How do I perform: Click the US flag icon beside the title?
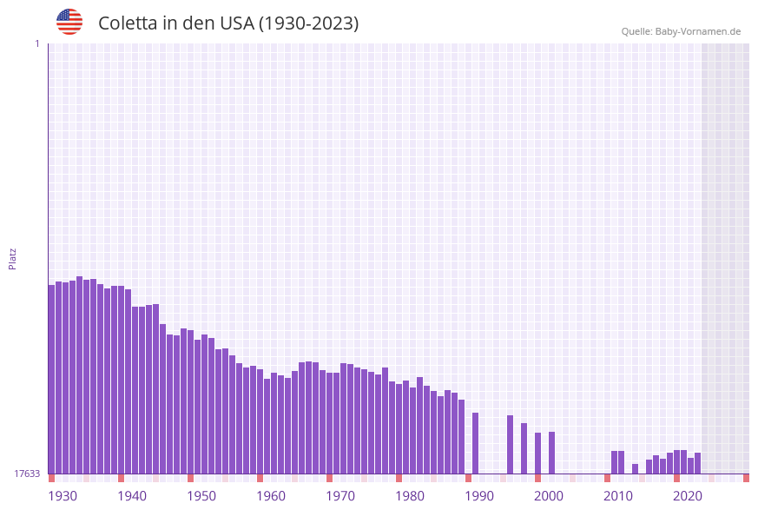(69, 22)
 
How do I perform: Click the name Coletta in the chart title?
(128, 23)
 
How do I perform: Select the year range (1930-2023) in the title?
(308, 23)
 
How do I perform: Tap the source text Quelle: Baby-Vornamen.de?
(681, 31)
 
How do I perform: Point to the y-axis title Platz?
(13, 258)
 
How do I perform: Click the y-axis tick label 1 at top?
(36, 43)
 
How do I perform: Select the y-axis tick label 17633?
(27, 474)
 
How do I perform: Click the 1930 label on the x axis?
(63, 495)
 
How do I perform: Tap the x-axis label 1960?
(271, 495)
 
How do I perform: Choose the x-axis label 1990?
(479, 495)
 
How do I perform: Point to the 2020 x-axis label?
(688, 495)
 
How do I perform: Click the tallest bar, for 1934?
(79, 374)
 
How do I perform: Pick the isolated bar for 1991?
(475, 442)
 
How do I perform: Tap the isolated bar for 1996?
(510, 444)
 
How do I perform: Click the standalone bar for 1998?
(524, 447)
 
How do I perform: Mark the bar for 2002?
(551, 452)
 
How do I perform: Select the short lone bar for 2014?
(635, 468)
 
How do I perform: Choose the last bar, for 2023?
(697, 462)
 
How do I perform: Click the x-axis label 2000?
(549, 495)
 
